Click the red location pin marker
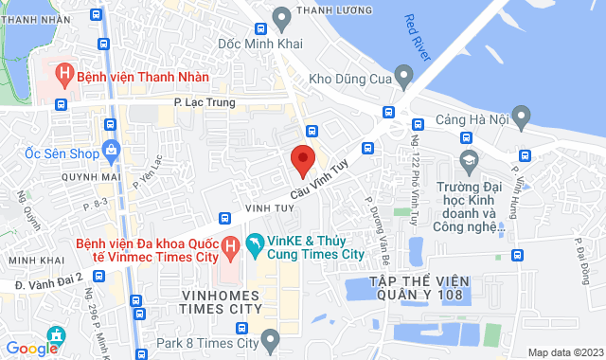click(302, 160)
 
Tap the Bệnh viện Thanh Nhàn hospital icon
click(64, 73)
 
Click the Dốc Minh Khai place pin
click(280, 16)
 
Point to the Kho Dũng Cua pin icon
click(404, 73)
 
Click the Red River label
click(418, 39)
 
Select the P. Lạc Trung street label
click(204, 102)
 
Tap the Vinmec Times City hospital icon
click(228, 248)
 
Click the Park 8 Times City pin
click(271, 338)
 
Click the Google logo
click(31, 348)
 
